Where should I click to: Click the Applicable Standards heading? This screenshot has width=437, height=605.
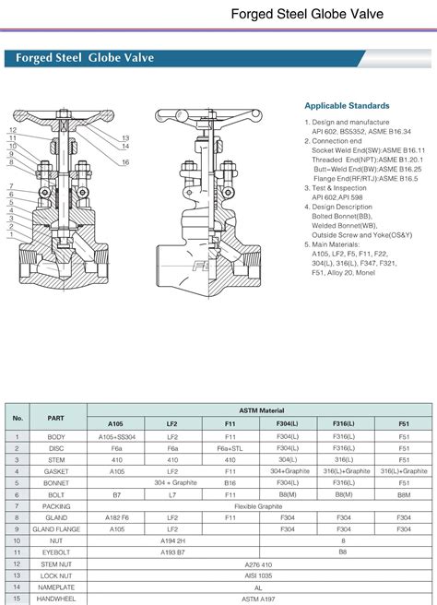(x=347, y=106)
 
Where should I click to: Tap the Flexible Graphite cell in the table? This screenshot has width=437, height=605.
(x=258, y=505)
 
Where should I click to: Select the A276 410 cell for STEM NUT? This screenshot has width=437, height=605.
(x=258, y=563)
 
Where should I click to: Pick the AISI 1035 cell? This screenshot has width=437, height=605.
(x=258, y=575)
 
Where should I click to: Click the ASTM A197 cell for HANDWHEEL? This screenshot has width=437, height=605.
(x=258, y=599)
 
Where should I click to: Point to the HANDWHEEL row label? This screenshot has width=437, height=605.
(x=55, y=599)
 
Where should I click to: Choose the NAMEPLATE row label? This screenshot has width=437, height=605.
(x=55, y=587)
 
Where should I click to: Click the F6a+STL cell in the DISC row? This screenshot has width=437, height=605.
(x=230, y=447)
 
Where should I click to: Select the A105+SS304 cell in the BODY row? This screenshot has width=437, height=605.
(x=116, y=435)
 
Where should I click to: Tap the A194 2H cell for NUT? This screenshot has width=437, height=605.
(x=172, y=540)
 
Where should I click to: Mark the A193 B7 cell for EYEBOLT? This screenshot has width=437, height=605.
(x=172, y=552)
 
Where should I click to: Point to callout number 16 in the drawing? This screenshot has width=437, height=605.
(x=125, y=162)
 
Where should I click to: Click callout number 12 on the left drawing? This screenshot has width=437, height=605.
(x=13, y=130)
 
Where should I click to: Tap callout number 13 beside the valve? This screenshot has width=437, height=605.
(x=125, y=138)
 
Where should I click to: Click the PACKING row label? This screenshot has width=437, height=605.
(x=55, y=505)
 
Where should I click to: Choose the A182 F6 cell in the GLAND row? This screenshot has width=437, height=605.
(x=116, y=517)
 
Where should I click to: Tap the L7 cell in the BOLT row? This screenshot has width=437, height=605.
(x=172, y=493)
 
